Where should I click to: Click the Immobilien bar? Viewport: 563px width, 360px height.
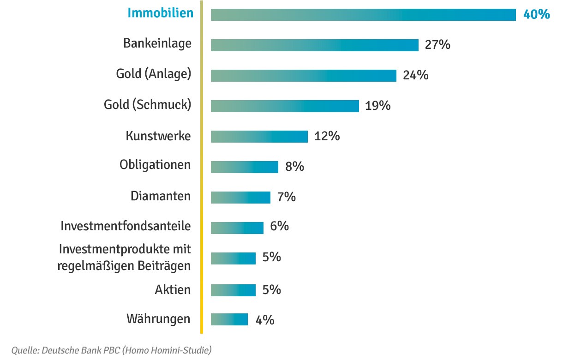[x=363, y=15]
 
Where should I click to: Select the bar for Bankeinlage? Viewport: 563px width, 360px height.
[x=314, y=45]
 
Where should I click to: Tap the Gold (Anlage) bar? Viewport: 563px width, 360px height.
[x=303, y=76]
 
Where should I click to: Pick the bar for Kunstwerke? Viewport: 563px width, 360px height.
[x=259, y=137]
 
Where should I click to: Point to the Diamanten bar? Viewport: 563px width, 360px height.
[x=240, y=198]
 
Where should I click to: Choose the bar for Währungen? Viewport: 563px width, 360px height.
[x=229, y=319]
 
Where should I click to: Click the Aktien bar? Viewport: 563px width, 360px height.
[x=233, y=290]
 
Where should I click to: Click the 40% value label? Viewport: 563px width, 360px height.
[x=536, y=14]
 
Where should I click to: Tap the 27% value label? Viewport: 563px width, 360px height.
[x=437, y=45]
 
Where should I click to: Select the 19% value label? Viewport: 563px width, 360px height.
[x=377, y=106]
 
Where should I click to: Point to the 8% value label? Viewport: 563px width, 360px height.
[x=294, y=167]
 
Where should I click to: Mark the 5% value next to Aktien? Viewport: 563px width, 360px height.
[x=271, y=289]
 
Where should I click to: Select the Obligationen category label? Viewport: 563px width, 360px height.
[x=155, y=165]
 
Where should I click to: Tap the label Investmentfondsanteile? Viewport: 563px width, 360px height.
[x=126, y=226]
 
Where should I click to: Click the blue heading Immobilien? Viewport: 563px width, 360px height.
[x=161, y=13]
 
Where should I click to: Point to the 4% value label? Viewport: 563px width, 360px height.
[x=264, y=320]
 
